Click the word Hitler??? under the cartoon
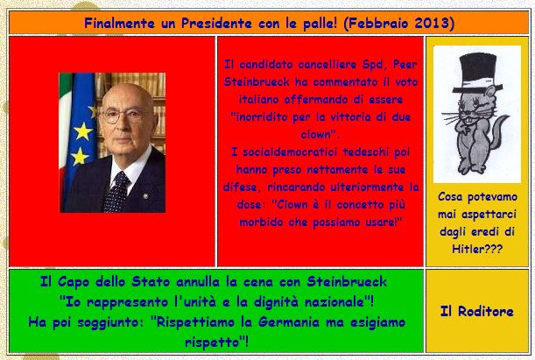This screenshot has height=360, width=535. (477, 249)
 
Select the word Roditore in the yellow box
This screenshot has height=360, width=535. (485, 311)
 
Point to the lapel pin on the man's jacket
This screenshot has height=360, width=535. (145, 196)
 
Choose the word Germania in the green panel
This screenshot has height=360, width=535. (289, 322)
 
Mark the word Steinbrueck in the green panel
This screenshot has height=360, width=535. (347, 282)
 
